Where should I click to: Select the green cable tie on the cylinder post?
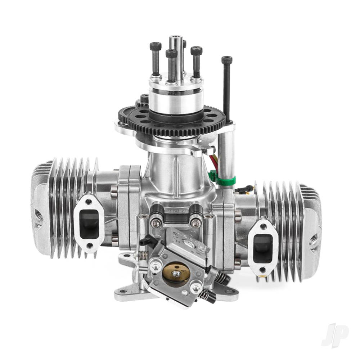click(227, 180)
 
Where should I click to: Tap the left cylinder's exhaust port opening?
click(89, 224)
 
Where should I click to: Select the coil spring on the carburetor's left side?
click(143, 255)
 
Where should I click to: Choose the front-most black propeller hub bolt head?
click(171, 54)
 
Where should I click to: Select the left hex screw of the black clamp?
click(156, 223)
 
